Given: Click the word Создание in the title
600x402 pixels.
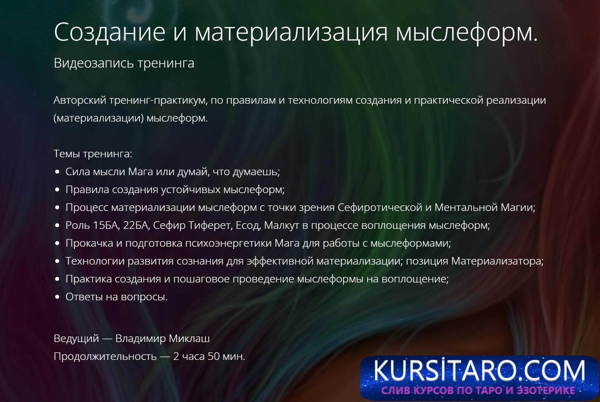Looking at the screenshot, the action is [x=110, y=32].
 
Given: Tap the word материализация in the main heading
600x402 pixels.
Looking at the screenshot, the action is [x=291, y=33].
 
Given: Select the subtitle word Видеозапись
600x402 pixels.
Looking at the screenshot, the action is [x=94, y=63].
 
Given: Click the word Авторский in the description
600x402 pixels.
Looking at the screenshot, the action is [x=80, y=100].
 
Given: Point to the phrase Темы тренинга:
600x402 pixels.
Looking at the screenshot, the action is [x=93, y=154].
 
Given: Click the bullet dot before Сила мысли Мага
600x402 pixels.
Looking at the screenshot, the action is [x=57, y=172].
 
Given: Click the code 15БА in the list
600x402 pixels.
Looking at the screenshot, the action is [x=106, y=225].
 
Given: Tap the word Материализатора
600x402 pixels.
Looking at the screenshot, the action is [x=497, y=261].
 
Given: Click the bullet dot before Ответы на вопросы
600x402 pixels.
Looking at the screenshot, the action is [x=57, y=297].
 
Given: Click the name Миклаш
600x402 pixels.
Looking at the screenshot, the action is [x=189, y=339].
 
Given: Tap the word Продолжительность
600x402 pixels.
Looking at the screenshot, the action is [x=105, y=357].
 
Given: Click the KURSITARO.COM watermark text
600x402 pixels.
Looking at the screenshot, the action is [x=479, y=371].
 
